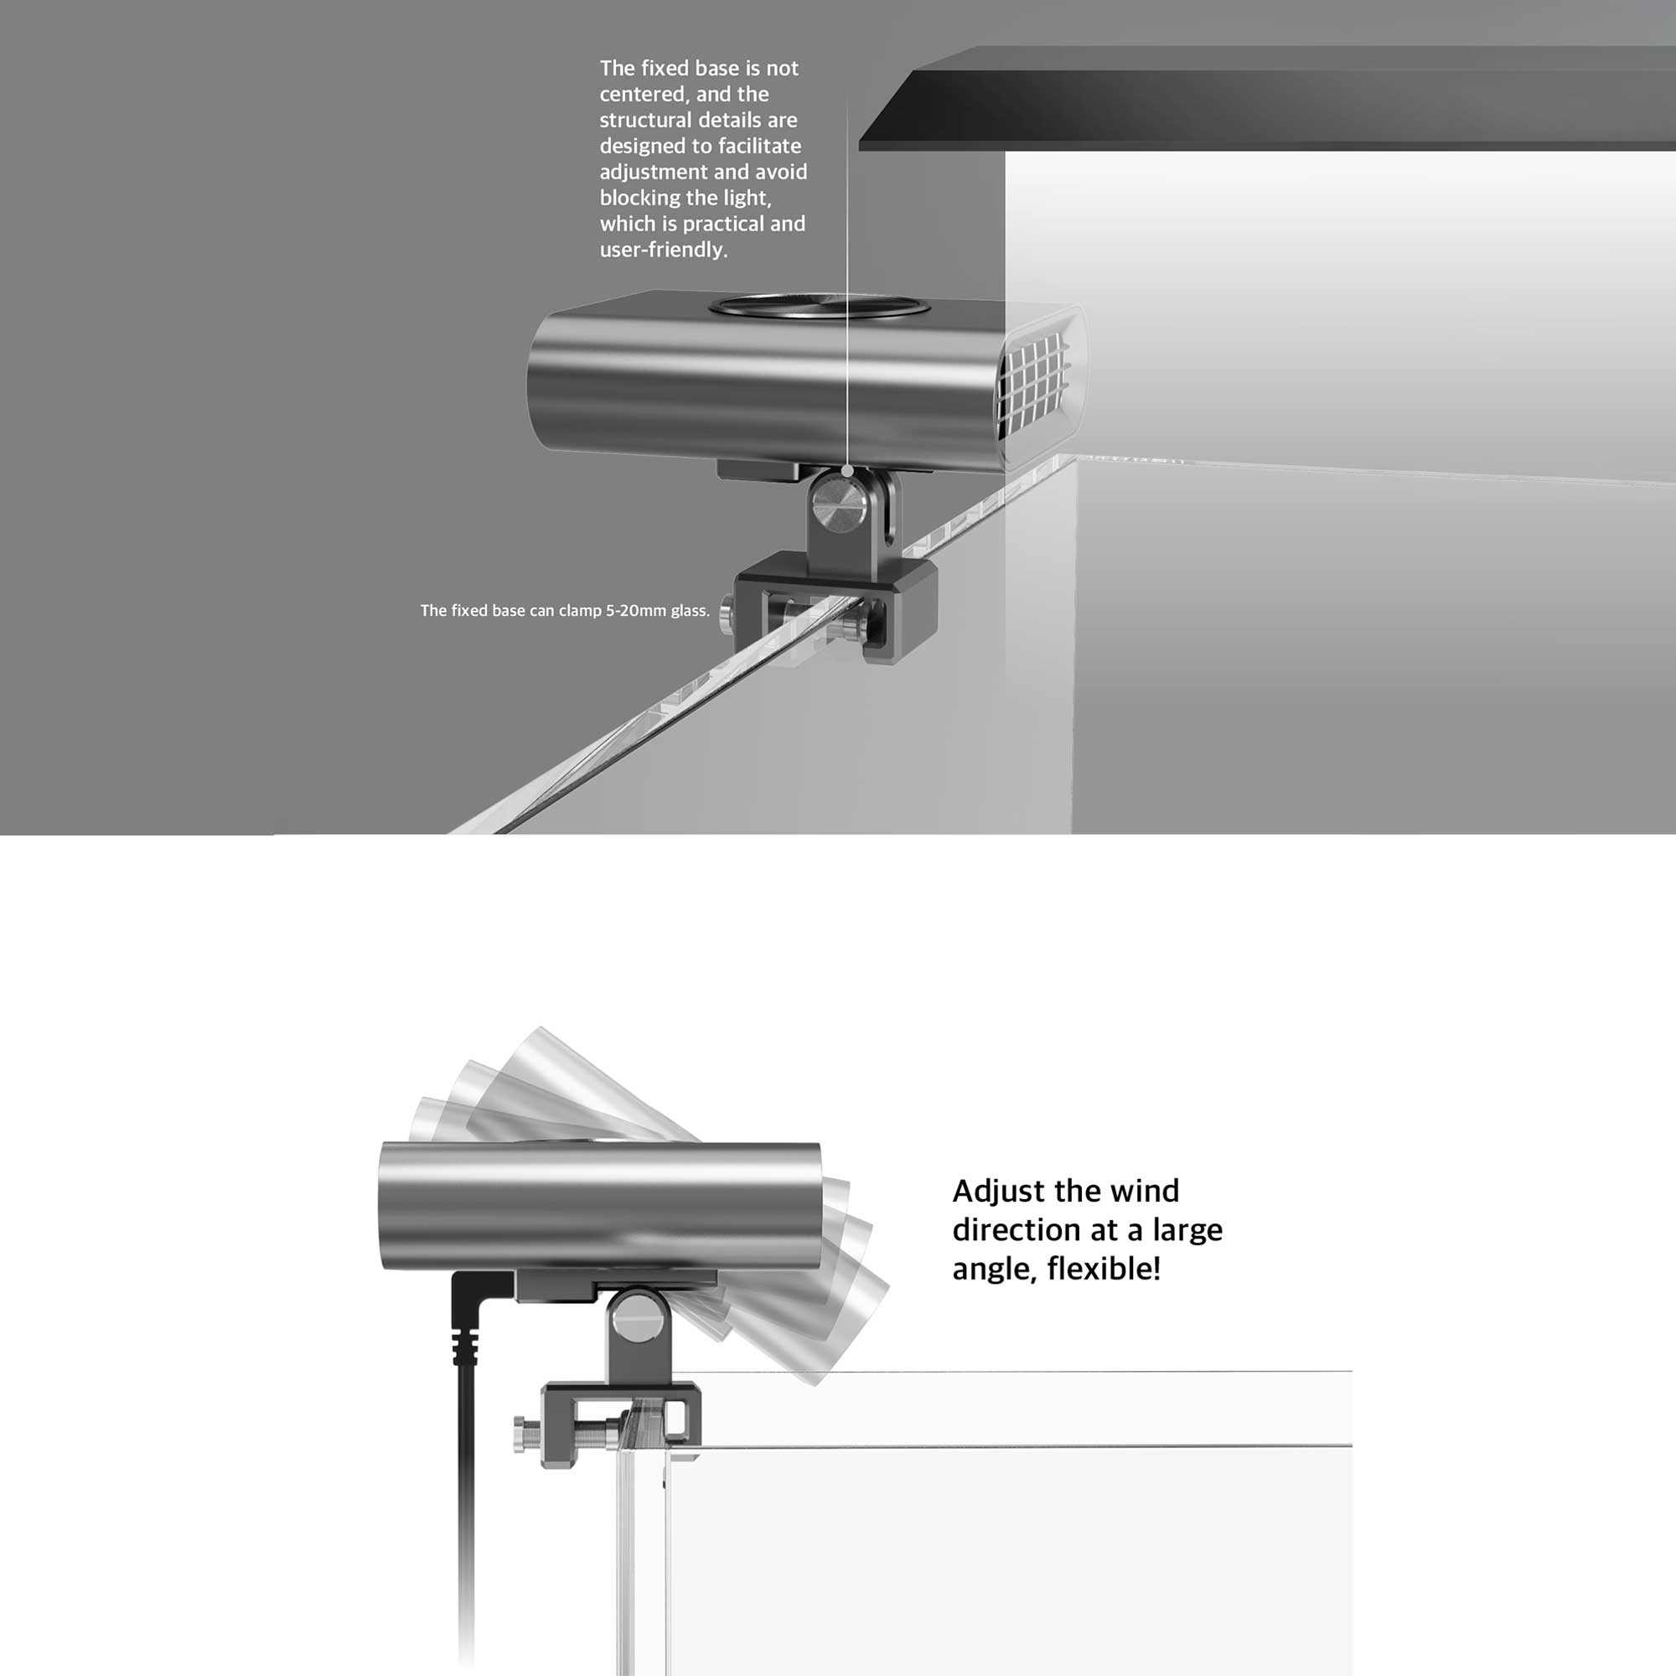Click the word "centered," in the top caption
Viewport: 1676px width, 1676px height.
(641, 94)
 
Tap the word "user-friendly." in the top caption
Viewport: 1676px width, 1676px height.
(664, 249)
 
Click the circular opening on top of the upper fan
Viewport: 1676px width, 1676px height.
(820, 306)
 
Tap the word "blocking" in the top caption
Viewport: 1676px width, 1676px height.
(640, 198)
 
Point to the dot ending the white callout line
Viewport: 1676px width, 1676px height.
(846, 471)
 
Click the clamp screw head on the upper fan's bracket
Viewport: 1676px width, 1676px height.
(725, 608)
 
